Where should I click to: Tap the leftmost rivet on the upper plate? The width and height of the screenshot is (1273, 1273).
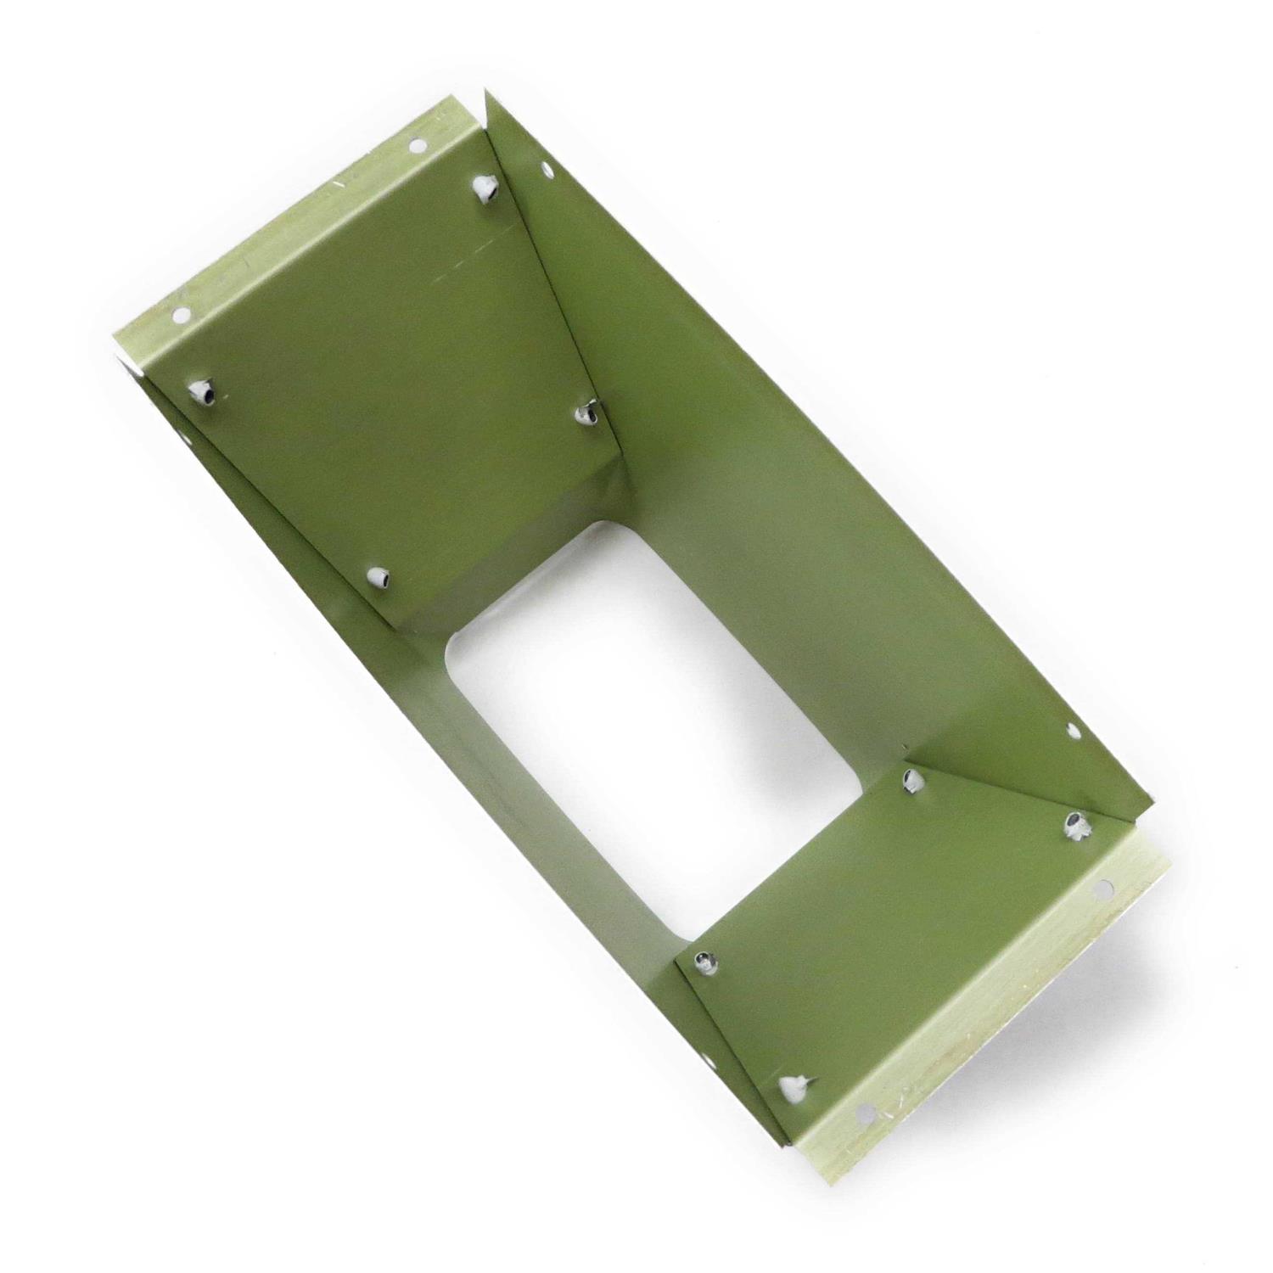(204, 391)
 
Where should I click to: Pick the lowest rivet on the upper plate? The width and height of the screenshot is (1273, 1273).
(379, 578)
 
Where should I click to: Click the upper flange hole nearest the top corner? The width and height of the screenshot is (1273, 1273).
(417, 147)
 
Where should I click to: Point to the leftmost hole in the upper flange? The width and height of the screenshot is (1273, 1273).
(180, 315)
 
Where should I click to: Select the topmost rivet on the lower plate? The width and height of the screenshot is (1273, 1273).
(912, 778)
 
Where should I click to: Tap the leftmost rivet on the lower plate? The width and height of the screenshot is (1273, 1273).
(704, 962)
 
